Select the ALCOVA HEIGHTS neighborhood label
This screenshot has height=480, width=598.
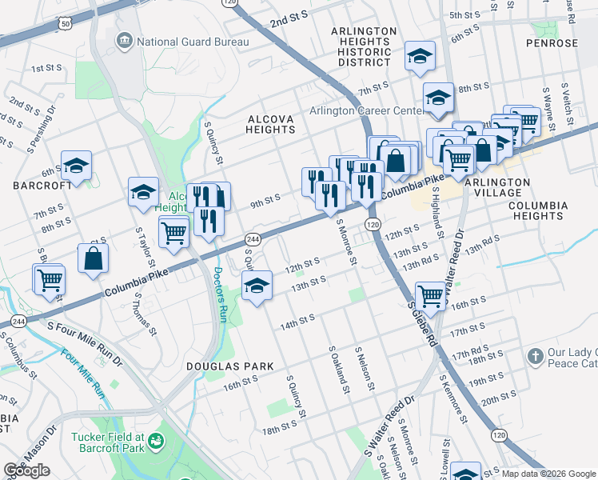271,124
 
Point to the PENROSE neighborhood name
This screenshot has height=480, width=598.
552,43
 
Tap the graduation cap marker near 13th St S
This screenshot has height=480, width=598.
257,286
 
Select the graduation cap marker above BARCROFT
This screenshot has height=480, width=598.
76,166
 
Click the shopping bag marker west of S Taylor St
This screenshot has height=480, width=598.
93,258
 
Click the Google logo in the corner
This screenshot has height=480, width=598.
26,470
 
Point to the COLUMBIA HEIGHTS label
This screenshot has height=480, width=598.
538,210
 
